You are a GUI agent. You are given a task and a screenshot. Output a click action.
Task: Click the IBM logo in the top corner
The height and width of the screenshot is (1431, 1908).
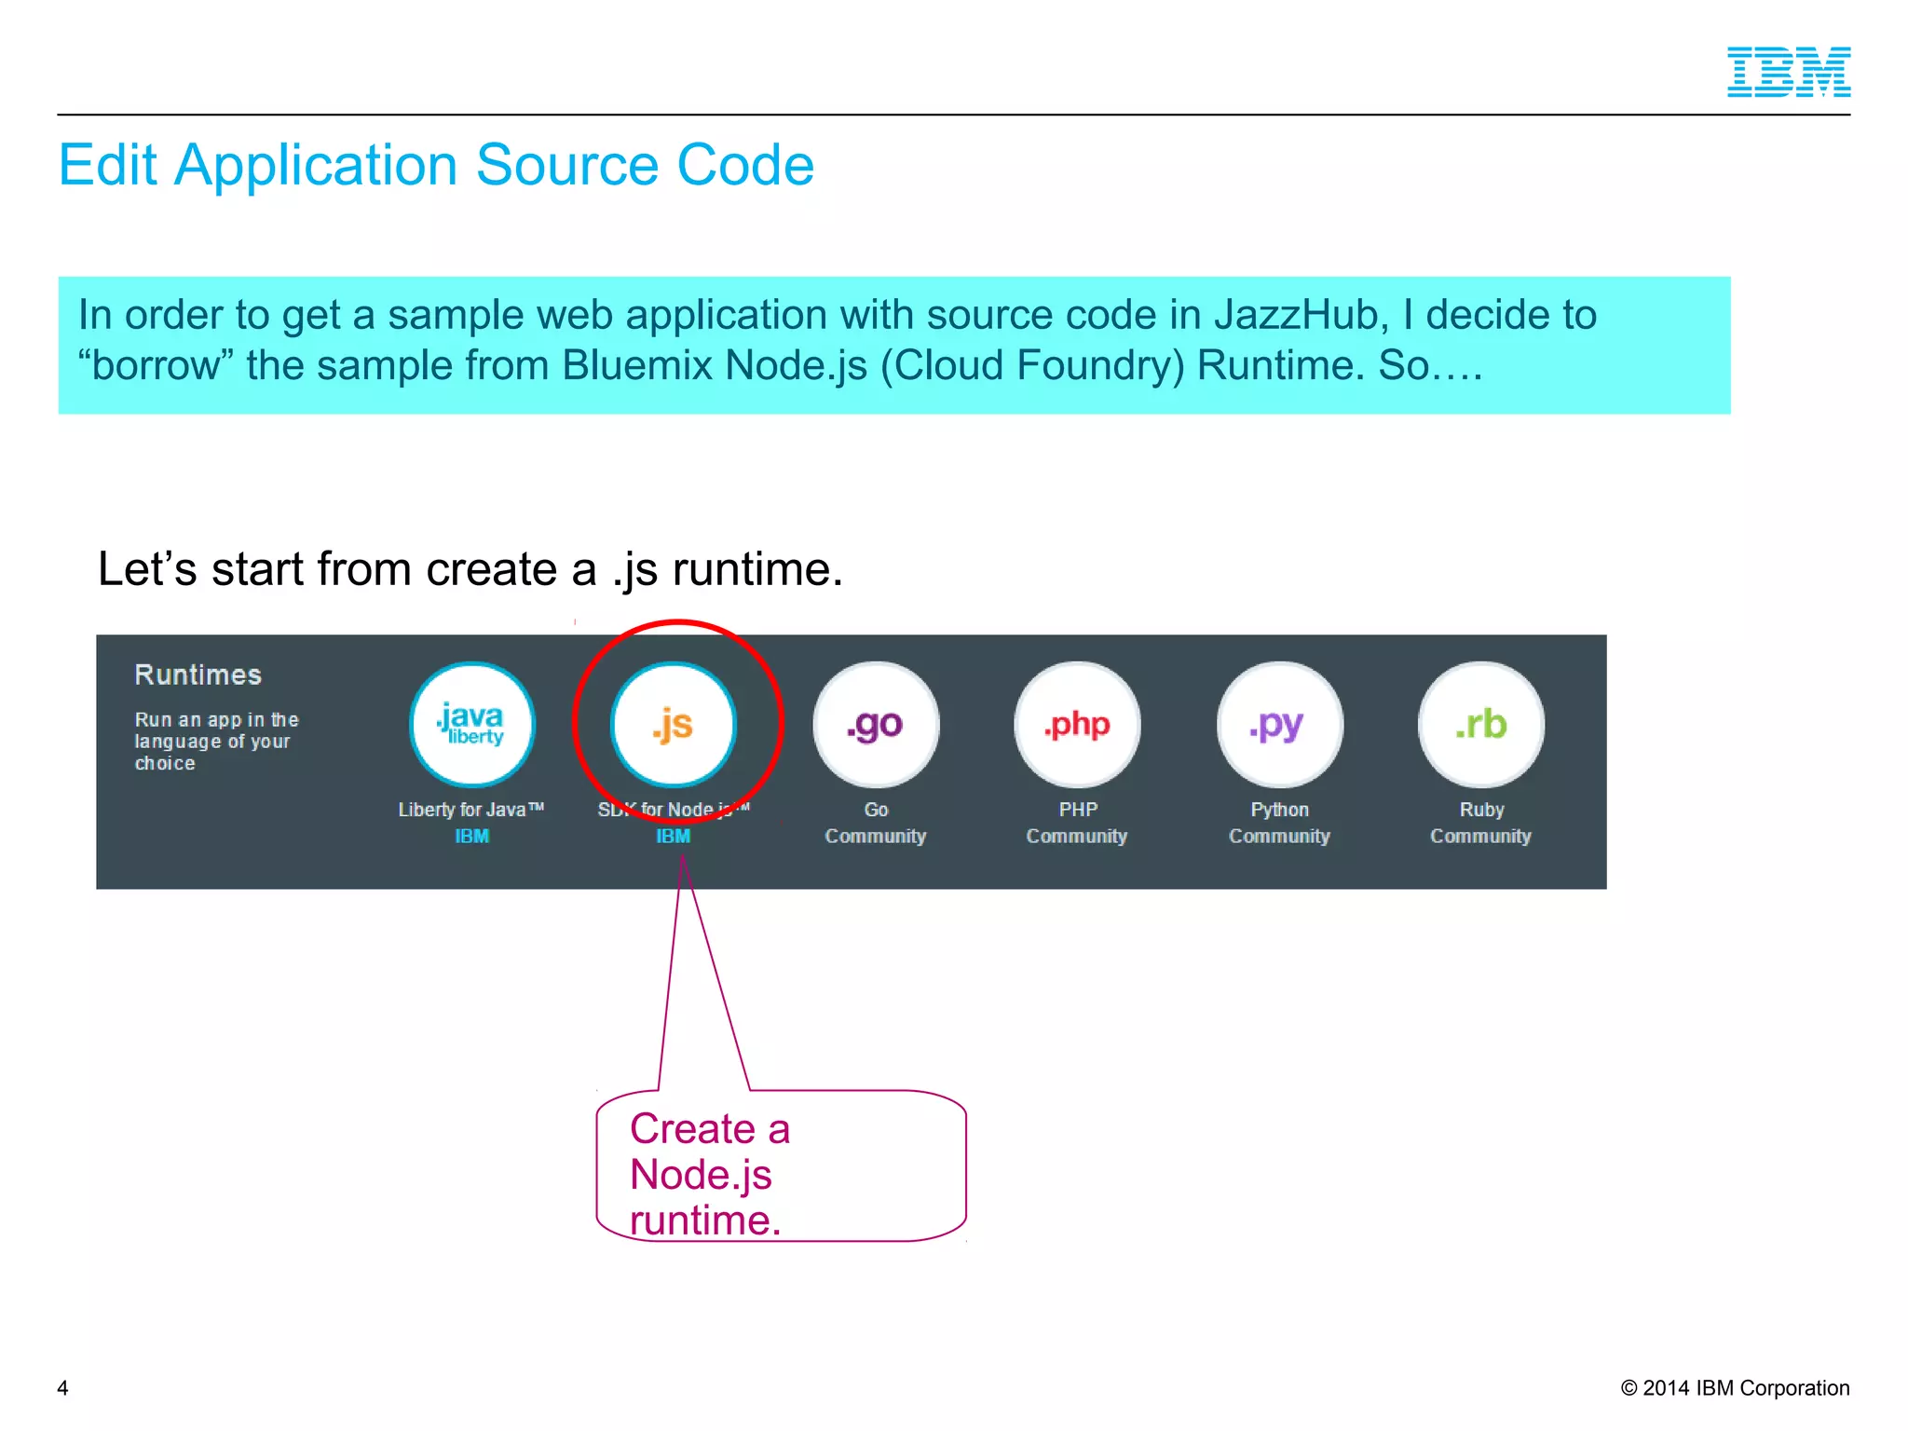click(1788, 72)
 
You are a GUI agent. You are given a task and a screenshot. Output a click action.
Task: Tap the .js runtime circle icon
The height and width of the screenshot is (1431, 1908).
click(673, 725)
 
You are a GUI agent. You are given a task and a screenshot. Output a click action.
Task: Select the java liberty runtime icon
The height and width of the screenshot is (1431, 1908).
click(472, 725)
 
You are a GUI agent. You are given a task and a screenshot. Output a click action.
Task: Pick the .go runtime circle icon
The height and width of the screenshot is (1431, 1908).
click(876, 725)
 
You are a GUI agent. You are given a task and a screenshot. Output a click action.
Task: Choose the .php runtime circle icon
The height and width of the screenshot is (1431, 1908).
click(1077, 725)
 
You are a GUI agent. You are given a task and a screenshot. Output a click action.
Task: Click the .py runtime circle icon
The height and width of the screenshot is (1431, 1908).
click(1279, 725)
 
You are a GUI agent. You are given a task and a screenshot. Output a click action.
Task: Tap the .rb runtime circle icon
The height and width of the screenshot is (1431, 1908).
click(1480, 725)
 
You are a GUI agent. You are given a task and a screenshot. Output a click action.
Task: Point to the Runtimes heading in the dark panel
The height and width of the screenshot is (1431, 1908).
click(198, 675)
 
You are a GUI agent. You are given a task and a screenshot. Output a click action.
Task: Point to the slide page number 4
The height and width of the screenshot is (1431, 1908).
click(62, 1388)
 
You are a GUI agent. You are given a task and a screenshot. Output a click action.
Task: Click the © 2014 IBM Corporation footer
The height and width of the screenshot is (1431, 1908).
click(1735, 1388)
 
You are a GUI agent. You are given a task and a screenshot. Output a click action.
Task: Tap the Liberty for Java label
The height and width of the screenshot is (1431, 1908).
click(470, 810)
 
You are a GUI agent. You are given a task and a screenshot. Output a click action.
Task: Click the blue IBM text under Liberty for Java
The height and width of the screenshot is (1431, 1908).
click(471, 837)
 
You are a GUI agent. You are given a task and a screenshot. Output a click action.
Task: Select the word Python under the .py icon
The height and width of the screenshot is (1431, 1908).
click(1279, 810)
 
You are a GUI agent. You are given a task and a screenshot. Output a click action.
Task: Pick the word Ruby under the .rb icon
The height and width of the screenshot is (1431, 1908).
click(1481, 810)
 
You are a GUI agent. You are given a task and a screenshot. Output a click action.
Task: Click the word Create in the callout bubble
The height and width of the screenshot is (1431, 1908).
click(692, 1129)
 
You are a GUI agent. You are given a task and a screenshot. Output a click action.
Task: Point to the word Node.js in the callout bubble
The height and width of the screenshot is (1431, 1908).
click(701, 1175)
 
